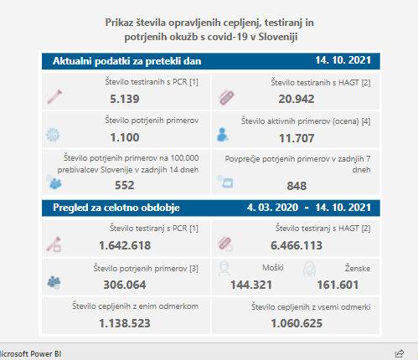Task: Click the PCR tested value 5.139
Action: pos(125,99)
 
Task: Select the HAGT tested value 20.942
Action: pos(297,99)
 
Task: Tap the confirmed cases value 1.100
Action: pos(125,137)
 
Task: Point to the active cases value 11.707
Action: pos(297,138)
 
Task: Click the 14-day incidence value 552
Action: pos(125,185)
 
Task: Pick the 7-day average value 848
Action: pos(297,186)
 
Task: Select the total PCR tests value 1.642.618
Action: pos(125,245)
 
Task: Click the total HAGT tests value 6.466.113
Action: pos(297,245)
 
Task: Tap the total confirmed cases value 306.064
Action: pos(125,285)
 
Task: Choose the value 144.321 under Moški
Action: pos(251,285)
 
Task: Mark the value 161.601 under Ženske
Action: pos(338,285)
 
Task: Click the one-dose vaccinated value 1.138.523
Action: pos(125,323)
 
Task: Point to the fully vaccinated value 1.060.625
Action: pos(297,323)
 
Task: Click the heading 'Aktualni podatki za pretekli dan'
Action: pos(127,61)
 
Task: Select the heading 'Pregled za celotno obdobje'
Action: pos(116,208)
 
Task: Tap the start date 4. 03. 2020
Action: pos(272,208)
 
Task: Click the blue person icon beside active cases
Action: pos(223,135)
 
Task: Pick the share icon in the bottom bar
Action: pos(400,353)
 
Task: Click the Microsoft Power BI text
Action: pos(30,354)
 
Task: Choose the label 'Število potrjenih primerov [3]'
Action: pos(146,269)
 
